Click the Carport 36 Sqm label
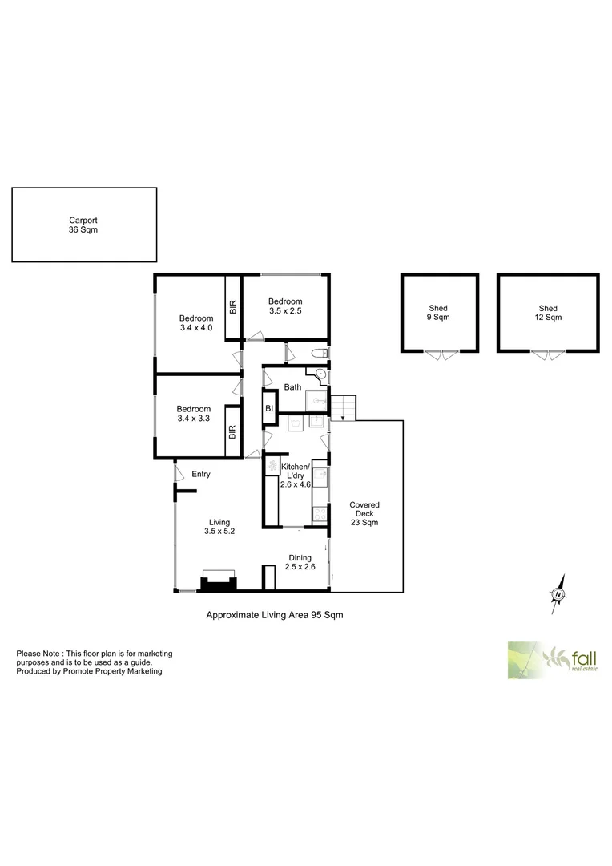(x=83, y=225)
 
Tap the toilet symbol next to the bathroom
(x=318, y=354)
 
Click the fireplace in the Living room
(x=218, y=581)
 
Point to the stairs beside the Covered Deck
(x=344, y=407)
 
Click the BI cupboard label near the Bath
(x=269, y=409)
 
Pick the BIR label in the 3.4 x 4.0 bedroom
(x=233, y=306)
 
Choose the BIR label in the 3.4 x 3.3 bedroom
(x=233, y=431)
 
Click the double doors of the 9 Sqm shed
(x=440, y=355)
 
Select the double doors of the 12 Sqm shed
(x=548, y=355)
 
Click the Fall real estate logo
(x=552, y=660)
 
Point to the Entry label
(x=200, y=474)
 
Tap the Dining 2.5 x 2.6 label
(x=300, y=563)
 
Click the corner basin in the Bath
(x=320, y=373)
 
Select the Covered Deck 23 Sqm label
(x=364, y=513)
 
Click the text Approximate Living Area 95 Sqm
(x=275, y=615)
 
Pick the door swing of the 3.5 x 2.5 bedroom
(x=255, y=335)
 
